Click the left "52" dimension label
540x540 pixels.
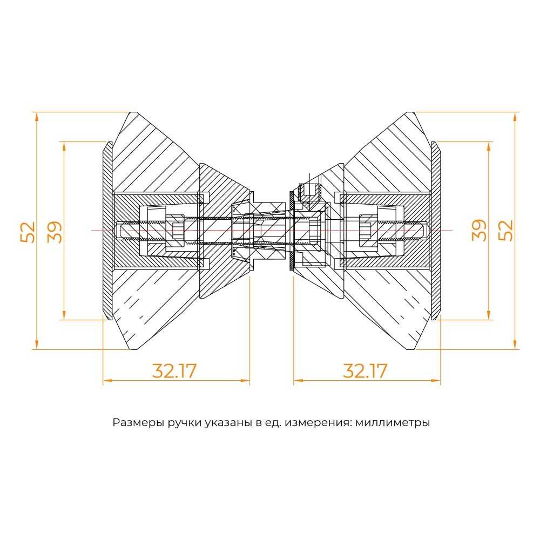pos(28,231)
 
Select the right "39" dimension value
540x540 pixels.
pos(479,231)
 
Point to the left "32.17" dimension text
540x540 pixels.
pos(174,371)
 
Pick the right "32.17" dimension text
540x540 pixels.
pos(365,371)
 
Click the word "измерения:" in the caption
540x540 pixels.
pos(321,422)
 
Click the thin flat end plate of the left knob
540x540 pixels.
pos(107,231)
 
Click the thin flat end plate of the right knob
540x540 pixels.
pos(435,231)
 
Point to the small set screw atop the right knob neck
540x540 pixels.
pos(309,190)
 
